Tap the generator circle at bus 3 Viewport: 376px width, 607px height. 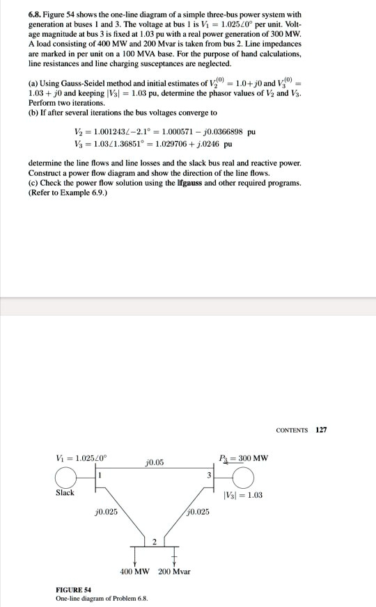(x=244, y=478)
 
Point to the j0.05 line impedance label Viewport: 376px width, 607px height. (x=155, y=461)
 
